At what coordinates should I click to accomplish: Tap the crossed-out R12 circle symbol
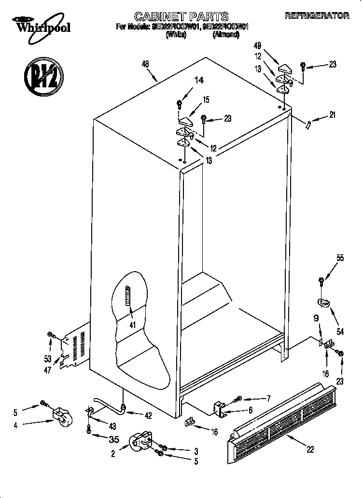pos(42,78)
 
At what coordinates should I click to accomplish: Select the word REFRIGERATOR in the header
pos(317,16)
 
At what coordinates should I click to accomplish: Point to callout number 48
pos(145,64)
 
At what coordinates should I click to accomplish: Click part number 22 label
pos(310,449)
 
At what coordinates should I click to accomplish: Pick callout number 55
pos(340,258)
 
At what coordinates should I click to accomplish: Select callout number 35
pos(114,439)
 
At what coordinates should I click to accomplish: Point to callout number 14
pos(199,81)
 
